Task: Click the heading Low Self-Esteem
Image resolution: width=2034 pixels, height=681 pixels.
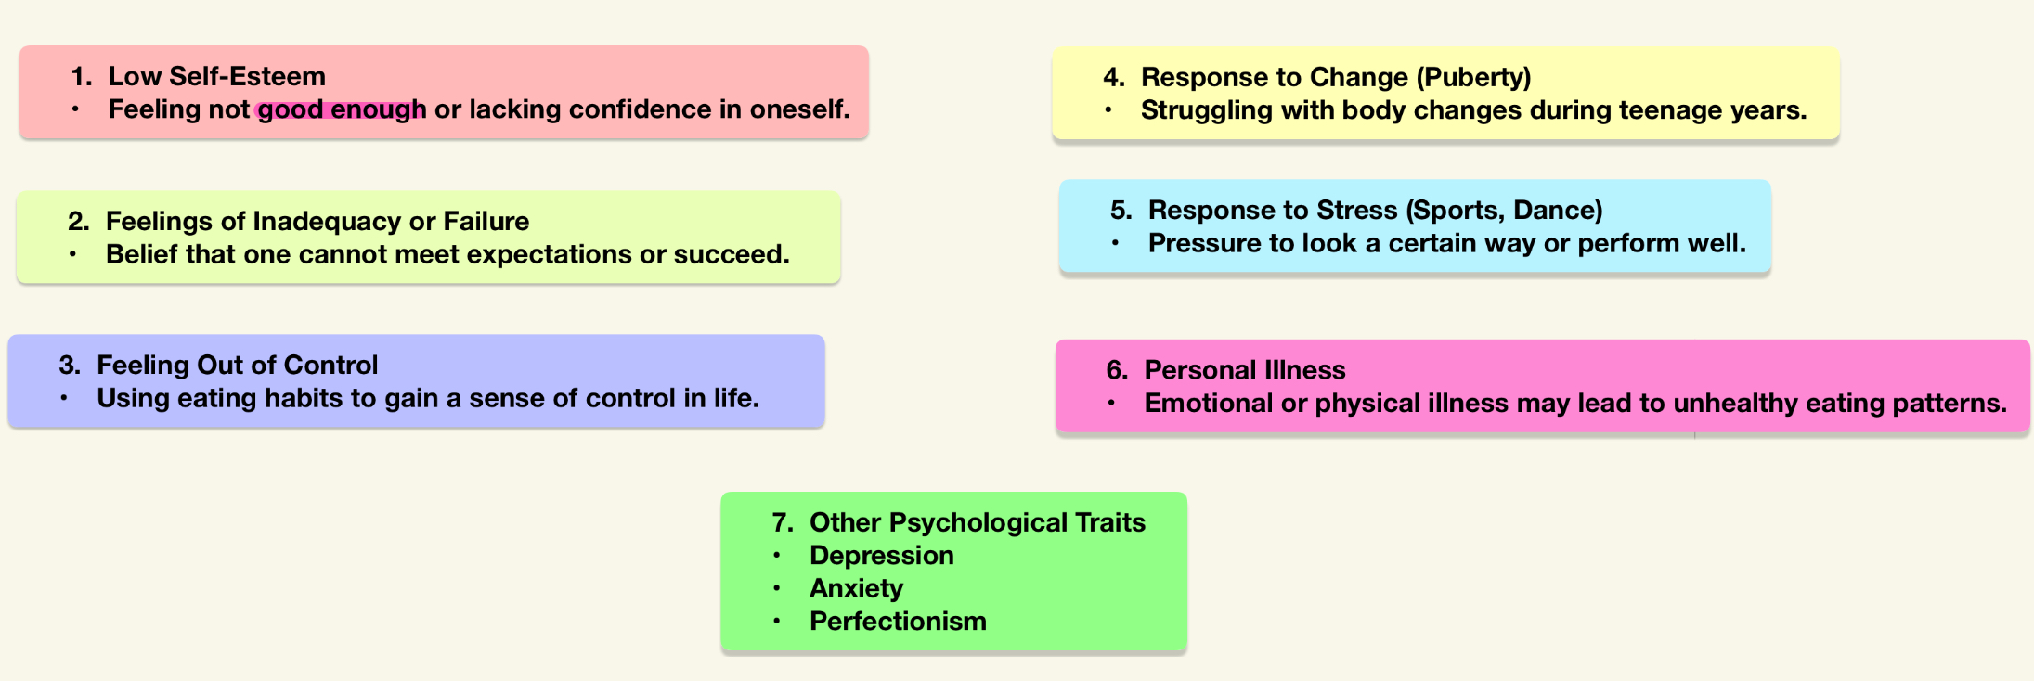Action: click(217, 76)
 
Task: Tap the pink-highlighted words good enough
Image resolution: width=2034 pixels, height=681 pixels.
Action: click(342, 109)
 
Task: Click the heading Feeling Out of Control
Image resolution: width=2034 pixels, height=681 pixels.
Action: click(238, 366)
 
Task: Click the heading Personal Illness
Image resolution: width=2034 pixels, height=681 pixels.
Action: click(1245, 370)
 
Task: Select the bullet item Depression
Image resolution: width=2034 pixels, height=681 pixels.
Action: click(882, 556)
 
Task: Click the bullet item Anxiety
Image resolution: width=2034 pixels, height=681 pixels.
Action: click(856, 589)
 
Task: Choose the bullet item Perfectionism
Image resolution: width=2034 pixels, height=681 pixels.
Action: click(898, 622)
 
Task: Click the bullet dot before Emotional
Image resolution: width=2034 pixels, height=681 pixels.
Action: click(1111, 404)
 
